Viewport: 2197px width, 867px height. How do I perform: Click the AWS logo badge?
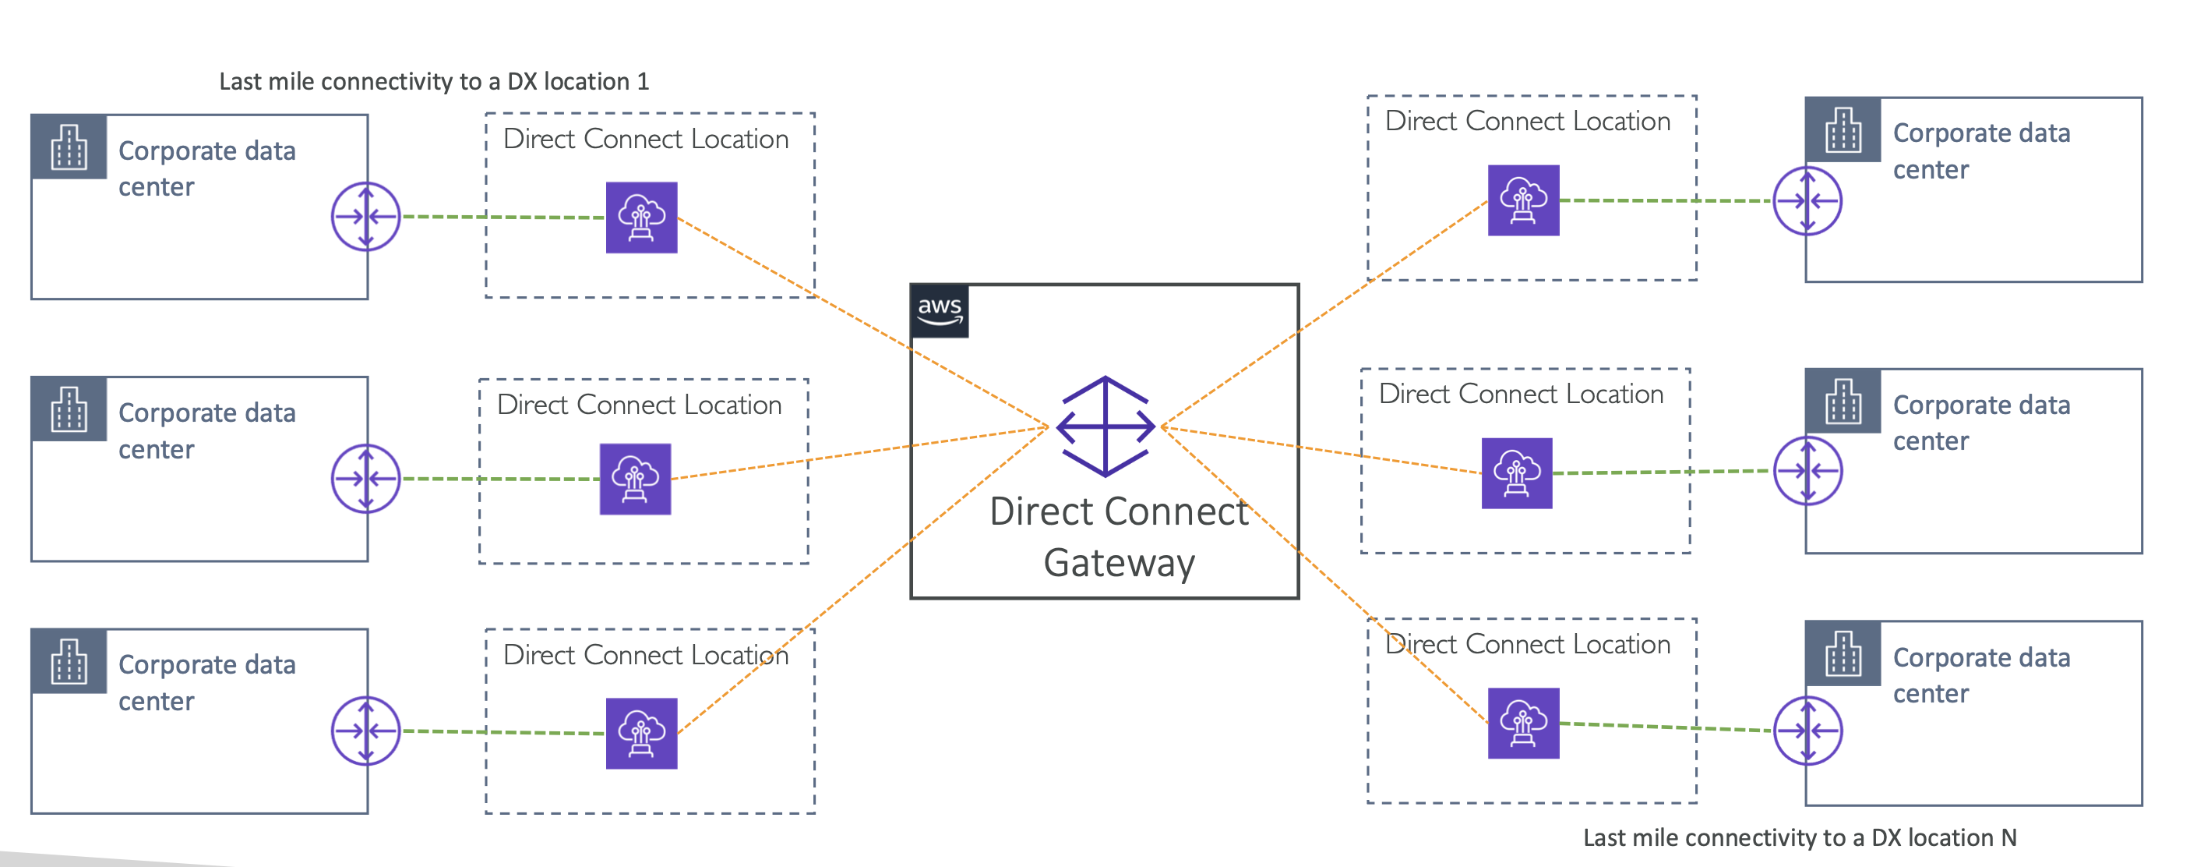(940, 311)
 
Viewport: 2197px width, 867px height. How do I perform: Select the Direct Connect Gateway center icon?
(1106, 426)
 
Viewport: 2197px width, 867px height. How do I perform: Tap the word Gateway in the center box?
(1119, 563)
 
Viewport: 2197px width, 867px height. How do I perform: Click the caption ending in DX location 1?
(433, 82)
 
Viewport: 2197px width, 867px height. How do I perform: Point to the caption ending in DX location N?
(1800, 838)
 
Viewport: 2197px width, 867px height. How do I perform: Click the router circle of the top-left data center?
(366, 217)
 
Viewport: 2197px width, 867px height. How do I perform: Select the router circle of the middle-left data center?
(366, 479)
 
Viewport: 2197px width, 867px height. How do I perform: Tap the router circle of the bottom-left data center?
(366, 731)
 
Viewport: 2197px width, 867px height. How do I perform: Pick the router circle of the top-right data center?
(1807, 201)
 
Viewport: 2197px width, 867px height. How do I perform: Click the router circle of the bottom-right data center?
(1807, 731)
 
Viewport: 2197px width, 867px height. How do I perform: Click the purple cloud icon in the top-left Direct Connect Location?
(641, 218)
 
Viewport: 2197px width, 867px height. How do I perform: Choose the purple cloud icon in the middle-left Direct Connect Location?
(636, 479)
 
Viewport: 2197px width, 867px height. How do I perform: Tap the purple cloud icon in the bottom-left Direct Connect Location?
(641, 733)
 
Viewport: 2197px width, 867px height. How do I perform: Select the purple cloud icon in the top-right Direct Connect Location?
(1523, 200)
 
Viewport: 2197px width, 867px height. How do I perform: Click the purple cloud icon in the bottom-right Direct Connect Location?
(1523, 723)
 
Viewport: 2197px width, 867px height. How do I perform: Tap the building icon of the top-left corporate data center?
(69, 147)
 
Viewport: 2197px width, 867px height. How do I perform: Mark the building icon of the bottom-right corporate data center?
(1843, 653)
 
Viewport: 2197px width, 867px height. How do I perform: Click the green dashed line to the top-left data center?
(503, 217)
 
